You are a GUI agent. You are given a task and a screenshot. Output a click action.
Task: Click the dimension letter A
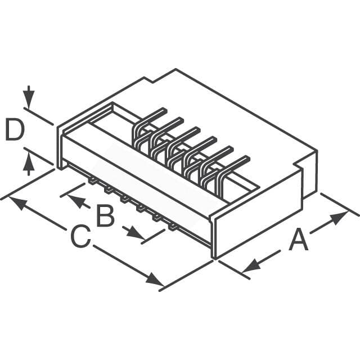click(298, 241)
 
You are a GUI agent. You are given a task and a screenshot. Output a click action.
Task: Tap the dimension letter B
click(105, 215)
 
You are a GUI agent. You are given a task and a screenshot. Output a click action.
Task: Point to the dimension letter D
click(15, 131)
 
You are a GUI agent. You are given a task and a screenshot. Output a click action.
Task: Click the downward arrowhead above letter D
click(29, 100)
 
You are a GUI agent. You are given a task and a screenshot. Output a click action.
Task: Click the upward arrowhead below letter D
click(29, 163)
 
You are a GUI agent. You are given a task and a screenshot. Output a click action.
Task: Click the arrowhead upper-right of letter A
click(338, 217)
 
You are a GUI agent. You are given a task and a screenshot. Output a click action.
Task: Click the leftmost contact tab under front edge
click(90, 181)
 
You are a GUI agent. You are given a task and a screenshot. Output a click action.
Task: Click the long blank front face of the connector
click(135, 180)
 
